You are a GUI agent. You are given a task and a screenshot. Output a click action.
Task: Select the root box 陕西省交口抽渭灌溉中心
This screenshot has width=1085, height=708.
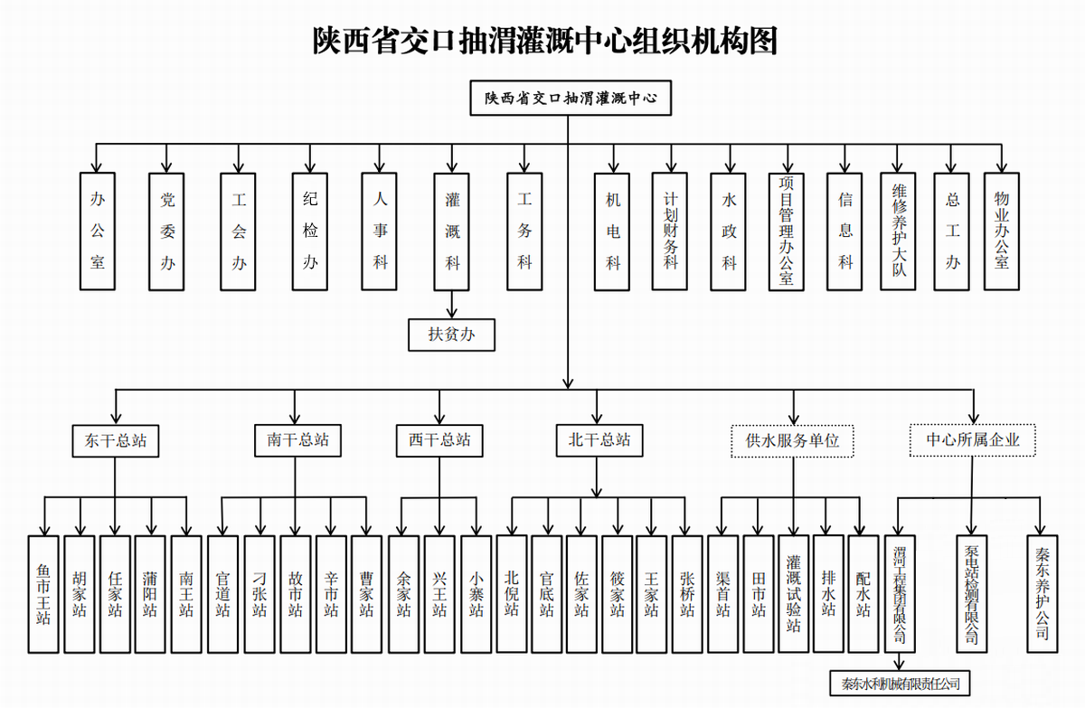click(571, 98)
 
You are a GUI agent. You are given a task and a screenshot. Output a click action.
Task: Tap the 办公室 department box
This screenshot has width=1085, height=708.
click(98, 231)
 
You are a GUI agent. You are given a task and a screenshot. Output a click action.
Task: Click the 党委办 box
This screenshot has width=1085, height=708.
click(167, 231)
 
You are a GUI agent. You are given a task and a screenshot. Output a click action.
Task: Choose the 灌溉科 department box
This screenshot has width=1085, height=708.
click(452, 231)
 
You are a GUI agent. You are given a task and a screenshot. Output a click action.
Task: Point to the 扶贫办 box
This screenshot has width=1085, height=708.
click(452, 335)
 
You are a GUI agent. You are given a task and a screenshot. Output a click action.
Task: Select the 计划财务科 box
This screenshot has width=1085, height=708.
click(670, 231)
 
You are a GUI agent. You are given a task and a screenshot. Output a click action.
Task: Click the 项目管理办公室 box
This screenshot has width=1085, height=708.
click(786, 231)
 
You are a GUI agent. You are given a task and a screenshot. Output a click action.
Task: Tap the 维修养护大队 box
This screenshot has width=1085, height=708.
click(899, 231)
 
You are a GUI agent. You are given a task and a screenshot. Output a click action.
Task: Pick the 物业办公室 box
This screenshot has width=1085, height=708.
click(1001, 231)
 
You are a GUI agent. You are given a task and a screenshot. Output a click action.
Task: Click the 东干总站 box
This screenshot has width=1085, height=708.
click(116, 441)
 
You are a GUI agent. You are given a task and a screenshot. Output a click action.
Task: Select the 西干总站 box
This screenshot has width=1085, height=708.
click(439, 441)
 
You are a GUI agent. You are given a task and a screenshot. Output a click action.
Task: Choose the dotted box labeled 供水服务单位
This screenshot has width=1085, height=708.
click(792, 441)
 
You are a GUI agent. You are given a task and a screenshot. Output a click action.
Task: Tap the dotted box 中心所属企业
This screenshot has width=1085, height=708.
click(972, 441)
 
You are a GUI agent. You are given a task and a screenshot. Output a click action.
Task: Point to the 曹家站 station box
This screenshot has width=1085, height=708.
click(366, 594)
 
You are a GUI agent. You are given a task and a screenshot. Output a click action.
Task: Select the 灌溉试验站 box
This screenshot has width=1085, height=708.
click(794, 594)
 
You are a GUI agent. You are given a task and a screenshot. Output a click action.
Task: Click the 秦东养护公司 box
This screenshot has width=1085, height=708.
click(1042, 594)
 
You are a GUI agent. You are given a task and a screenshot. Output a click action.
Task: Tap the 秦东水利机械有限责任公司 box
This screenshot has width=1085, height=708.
click(900, 684)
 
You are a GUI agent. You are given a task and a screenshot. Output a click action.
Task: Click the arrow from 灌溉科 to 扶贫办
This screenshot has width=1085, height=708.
click(452, 305)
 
